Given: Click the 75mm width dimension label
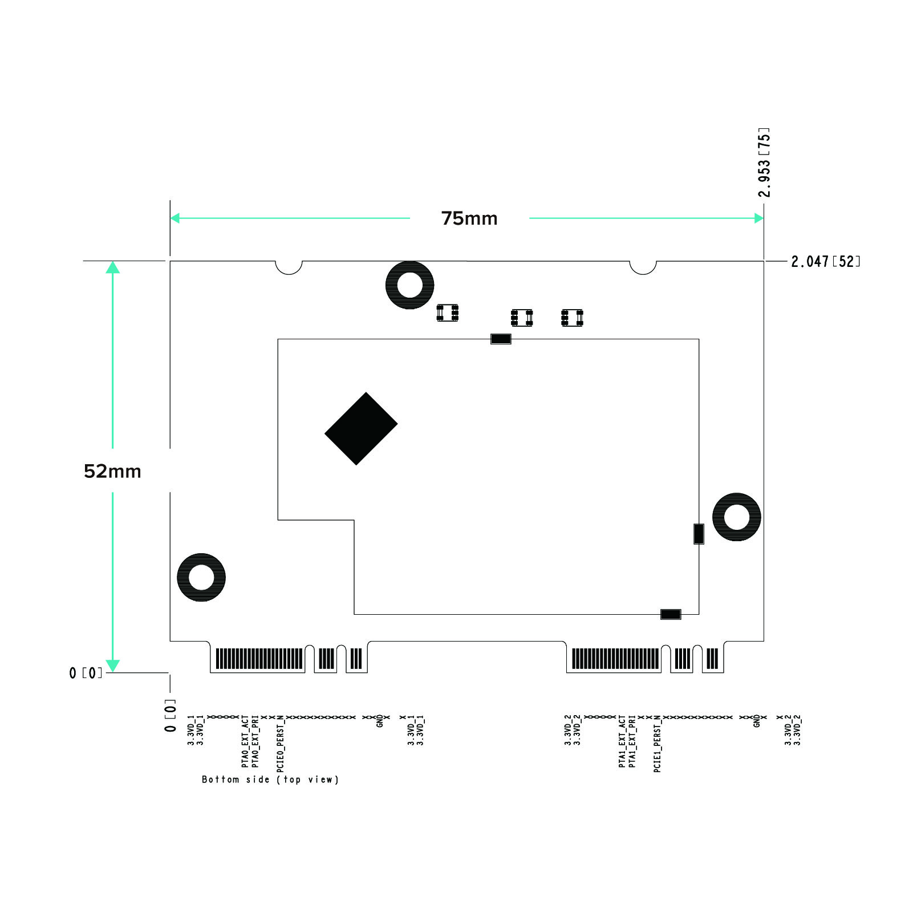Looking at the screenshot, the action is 469,218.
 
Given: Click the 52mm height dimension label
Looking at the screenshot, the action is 112,471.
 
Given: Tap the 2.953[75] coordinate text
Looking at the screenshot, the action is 764,163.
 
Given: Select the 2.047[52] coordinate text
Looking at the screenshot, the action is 826,262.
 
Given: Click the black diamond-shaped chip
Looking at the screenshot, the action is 361,429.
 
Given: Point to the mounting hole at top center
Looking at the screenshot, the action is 409,285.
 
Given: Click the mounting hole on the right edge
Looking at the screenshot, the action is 736,517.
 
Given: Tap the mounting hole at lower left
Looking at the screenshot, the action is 201,577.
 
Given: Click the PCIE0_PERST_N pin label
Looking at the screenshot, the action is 280,744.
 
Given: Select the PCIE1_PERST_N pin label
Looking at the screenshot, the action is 657,744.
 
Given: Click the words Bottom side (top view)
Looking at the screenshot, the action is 270,780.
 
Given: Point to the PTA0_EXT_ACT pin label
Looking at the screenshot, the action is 245,741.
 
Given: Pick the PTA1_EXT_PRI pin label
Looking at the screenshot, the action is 632,741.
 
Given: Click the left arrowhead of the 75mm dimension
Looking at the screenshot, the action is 175,218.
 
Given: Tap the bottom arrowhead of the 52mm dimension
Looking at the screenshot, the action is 113,666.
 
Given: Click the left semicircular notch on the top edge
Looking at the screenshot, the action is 289,267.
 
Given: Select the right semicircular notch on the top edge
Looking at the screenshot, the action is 643,267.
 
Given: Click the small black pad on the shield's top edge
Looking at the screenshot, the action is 501,339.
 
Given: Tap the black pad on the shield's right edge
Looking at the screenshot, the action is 699,534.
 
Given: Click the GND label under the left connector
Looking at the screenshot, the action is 380,721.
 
